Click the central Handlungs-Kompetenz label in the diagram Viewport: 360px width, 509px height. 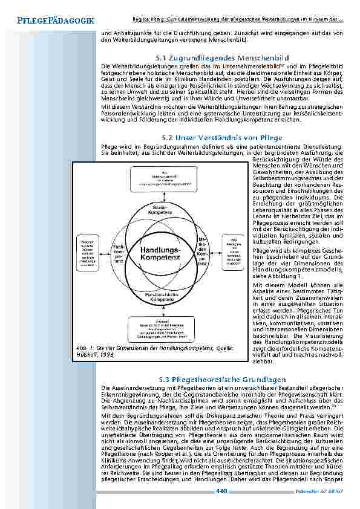(x=160, y=253)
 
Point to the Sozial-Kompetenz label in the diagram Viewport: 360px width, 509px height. (x=160, y=209)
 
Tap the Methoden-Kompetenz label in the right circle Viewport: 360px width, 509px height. (x=202, y=252)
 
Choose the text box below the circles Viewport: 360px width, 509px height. (x=160, y=330)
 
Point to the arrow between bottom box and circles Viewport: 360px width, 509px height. (x=160, y=316)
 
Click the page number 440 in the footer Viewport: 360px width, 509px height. (x=221, y=491)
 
